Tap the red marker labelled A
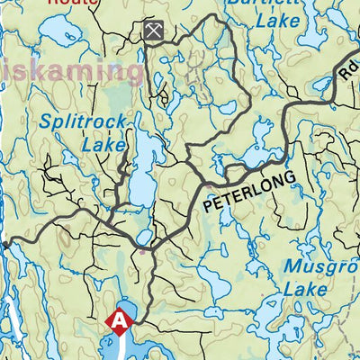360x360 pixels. (x=117, y=319)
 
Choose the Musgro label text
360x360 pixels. (x=320, y=266)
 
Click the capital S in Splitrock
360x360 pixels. (x=46, y=119)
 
